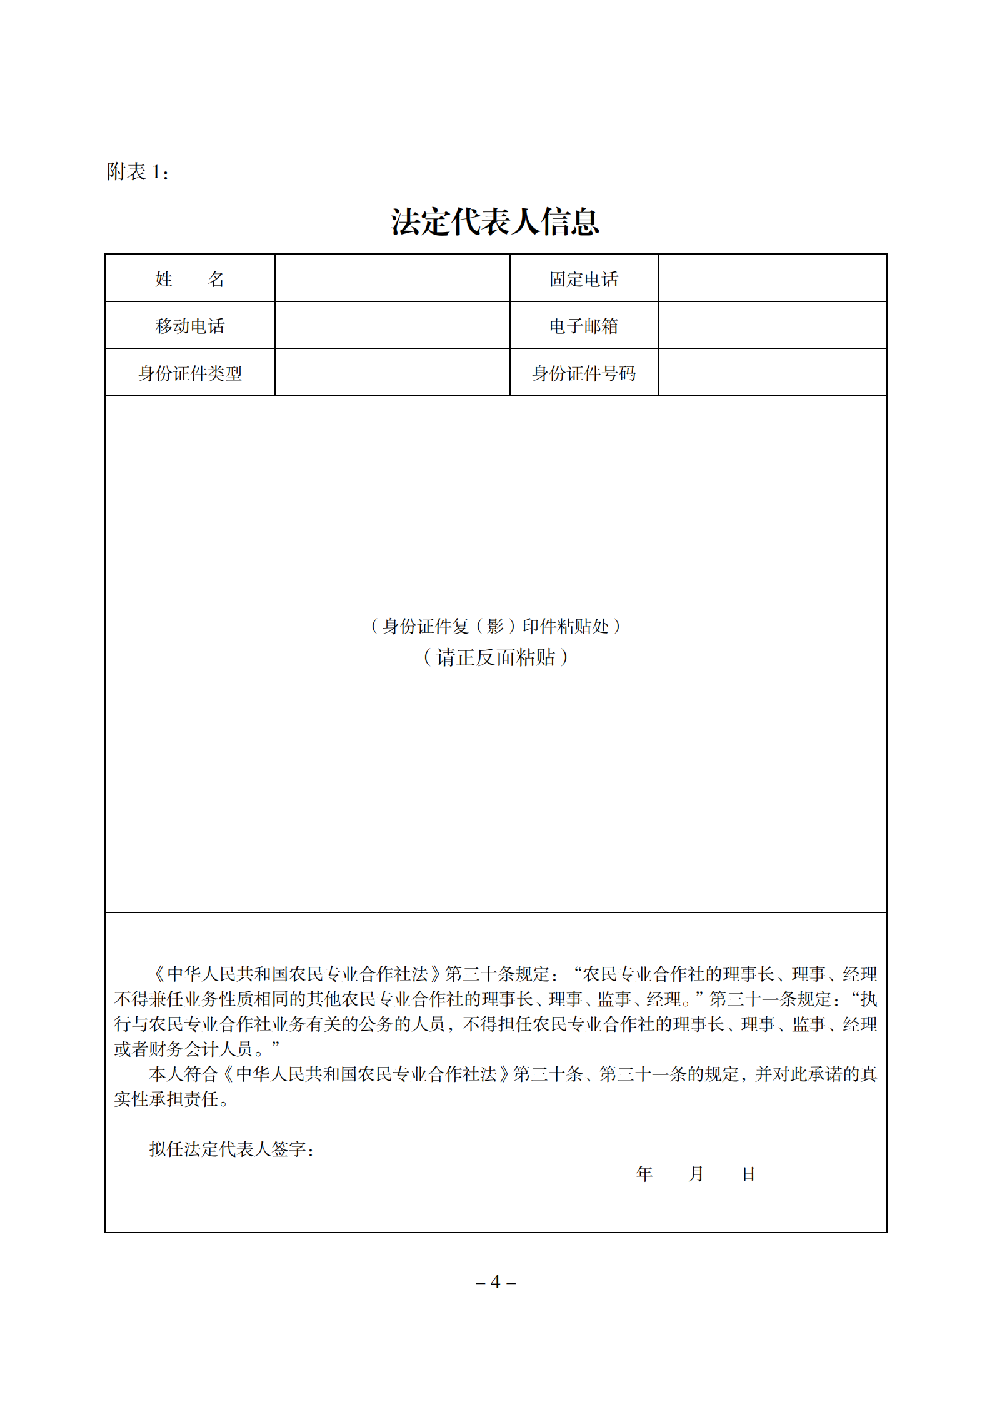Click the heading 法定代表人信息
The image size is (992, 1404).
[495, 222]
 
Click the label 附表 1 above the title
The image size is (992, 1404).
[138, 172]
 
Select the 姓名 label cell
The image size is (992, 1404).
[189, 279]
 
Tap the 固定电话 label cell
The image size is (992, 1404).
[583, 279]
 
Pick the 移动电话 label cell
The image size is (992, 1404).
[189, 326]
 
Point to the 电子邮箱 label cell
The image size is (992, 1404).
[583, 326]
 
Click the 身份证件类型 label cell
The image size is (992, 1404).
[189, 373]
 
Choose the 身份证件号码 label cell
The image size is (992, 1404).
[583, 373]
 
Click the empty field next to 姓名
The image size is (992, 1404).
[392, 278]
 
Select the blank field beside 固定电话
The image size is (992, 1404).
[772, 278]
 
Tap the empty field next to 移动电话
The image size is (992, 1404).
[392, 325]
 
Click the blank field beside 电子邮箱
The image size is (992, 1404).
[772, 325]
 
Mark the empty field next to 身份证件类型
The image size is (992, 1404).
[392, 373]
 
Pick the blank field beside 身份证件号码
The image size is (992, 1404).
[772, 373]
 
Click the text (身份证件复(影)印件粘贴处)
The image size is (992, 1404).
[495, 626]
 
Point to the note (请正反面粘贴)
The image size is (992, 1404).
[495, 657]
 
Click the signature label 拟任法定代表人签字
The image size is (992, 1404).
[231, 1149]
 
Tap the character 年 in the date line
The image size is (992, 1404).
[644, 1174]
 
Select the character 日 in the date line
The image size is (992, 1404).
[748, 1174]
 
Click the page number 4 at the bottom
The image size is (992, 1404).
[495, 1283]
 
